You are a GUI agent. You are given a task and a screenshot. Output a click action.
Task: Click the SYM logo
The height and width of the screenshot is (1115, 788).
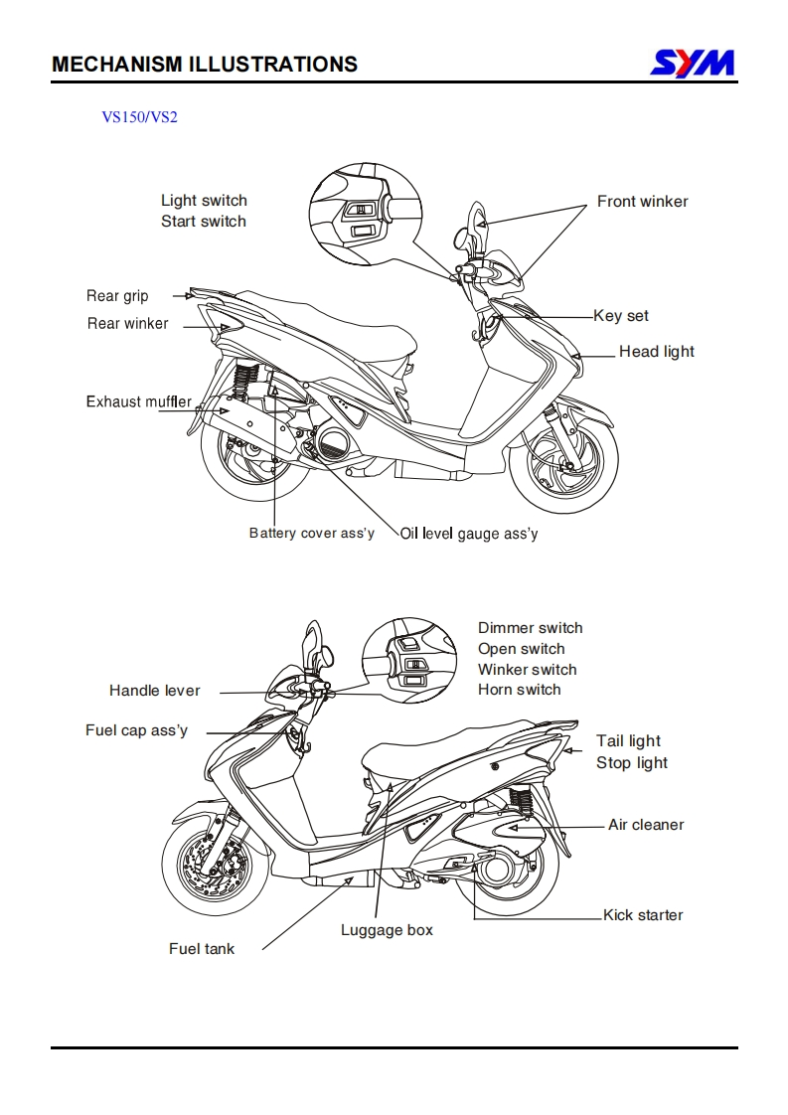tap(693, 64)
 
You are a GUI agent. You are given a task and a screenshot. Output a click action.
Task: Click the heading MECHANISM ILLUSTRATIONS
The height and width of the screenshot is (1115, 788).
tap(205, 64)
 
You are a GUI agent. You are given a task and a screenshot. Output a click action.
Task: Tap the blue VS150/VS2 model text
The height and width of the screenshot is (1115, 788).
tap(139, 116)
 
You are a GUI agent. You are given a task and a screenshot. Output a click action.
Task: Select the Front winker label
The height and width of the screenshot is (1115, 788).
tap(642, 202)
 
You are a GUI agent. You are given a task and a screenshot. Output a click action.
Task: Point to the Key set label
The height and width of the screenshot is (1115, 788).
tap(621, 316)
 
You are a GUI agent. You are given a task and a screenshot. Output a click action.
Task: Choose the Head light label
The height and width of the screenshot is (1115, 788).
tap(657, 351)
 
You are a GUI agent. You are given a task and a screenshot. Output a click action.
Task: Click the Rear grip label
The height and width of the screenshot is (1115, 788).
tap(117, 296)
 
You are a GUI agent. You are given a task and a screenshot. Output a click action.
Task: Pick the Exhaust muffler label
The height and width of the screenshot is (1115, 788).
tap(139, 401)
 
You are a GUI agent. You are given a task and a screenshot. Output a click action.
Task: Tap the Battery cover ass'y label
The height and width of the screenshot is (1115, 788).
tap(311, 533)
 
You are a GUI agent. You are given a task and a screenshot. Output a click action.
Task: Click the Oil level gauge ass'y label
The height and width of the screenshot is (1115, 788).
tap(469, 534)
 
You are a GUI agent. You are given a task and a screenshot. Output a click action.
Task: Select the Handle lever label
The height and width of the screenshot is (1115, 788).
tap(154, 691)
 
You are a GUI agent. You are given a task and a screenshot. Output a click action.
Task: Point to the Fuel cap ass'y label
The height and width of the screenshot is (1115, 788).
tap(136, 730)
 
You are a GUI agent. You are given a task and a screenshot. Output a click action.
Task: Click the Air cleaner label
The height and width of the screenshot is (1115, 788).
tap(646, 825)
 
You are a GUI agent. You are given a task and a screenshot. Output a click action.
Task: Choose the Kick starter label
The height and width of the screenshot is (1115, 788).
tap(643, 915)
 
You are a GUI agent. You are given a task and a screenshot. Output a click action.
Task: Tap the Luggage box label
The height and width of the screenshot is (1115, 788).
tap(387, 930)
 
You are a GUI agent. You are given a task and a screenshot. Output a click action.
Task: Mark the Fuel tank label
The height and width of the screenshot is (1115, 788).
tap(202, 949)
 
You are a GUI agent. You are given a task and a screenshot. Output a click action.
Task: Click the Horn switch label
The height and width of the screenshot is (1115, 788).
tap(519, 690)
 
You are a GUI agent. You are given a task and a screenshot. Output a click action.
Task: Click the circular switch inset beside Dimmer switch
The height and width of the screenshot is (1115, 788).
tap(409, 661)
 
